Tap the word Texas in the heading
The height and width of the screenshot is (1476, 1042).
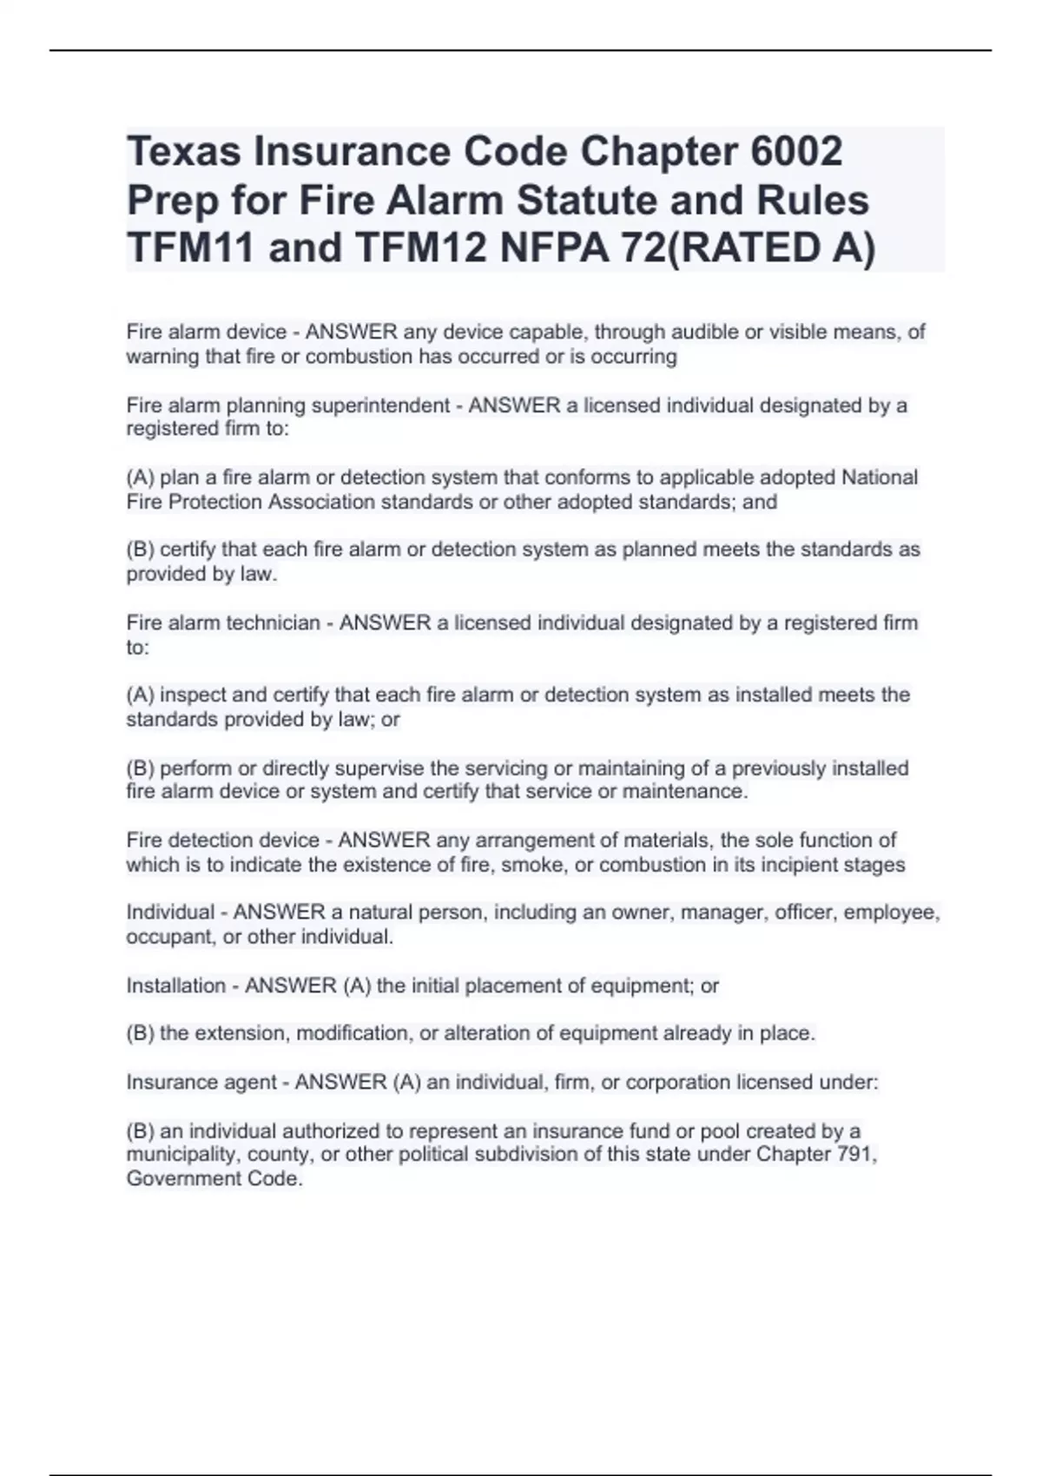coord(184,152)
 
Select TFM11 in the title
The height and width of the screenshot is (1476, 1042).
coord(190,248)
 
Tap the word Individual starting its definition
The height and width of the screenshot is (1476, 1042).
coord(170,913)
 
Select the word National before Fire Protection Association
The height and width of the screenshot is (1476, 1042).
coord(879,478)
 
